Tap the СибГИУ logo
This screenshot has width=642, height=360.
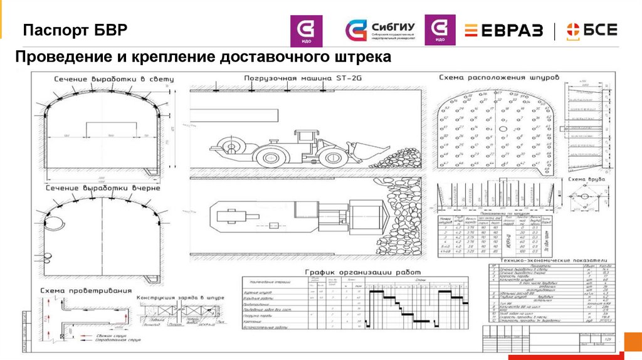tap(381, 31)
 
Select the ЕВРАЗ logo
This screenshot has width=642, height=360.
tap(503, 30)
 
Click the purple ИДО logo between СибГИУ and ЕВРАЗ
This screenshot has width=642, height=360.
tap(440, 31)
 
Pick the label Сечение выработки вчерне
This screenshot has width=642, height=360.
tap(102, 188)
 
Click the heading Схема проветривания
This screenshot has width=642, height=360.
tap(85, 291)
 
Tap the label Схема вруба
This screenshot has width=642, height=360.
tap(586, 179)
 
